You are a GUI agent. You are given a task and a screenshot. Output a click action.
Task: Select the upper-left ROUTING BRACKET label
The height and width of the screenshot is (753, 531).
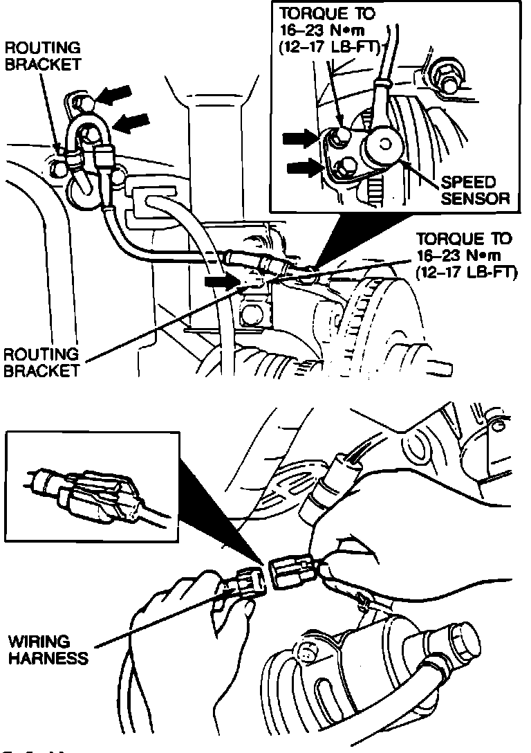point(43,56)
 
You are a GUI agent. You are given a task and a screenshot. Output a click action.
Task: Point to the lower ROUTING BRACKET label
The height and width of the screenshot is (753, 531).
point(41,363)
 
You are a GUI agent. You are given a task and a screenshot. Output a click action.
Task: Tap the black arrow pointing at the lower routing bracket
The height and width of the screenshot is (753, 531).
point(221,282)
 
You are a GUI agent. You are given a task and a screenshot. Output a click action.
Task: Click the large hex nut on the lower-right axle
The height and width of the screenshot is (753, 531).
point(457,642)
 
